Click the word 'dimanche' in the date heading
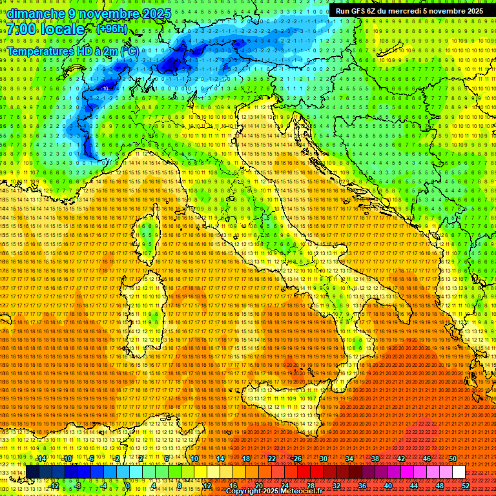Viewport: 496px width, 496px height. [36, 14]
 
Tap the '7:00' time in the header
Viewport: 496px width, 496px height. [24, 29]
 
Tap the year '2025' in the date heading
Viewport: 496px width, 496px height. [156, 14]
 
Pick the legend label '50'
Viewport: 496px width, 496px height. [452, 459]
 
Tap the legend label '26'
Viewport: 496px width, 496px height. [298, 459]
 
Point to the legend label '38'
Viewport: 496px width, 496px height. [375, 459]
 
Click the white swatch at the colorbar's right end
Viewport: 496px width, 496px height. [459, 472]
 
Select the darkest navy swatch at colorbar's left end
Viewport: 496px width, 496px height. [32, 472]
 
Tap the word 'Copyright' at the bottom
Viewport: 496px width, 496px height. [245, 491]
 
